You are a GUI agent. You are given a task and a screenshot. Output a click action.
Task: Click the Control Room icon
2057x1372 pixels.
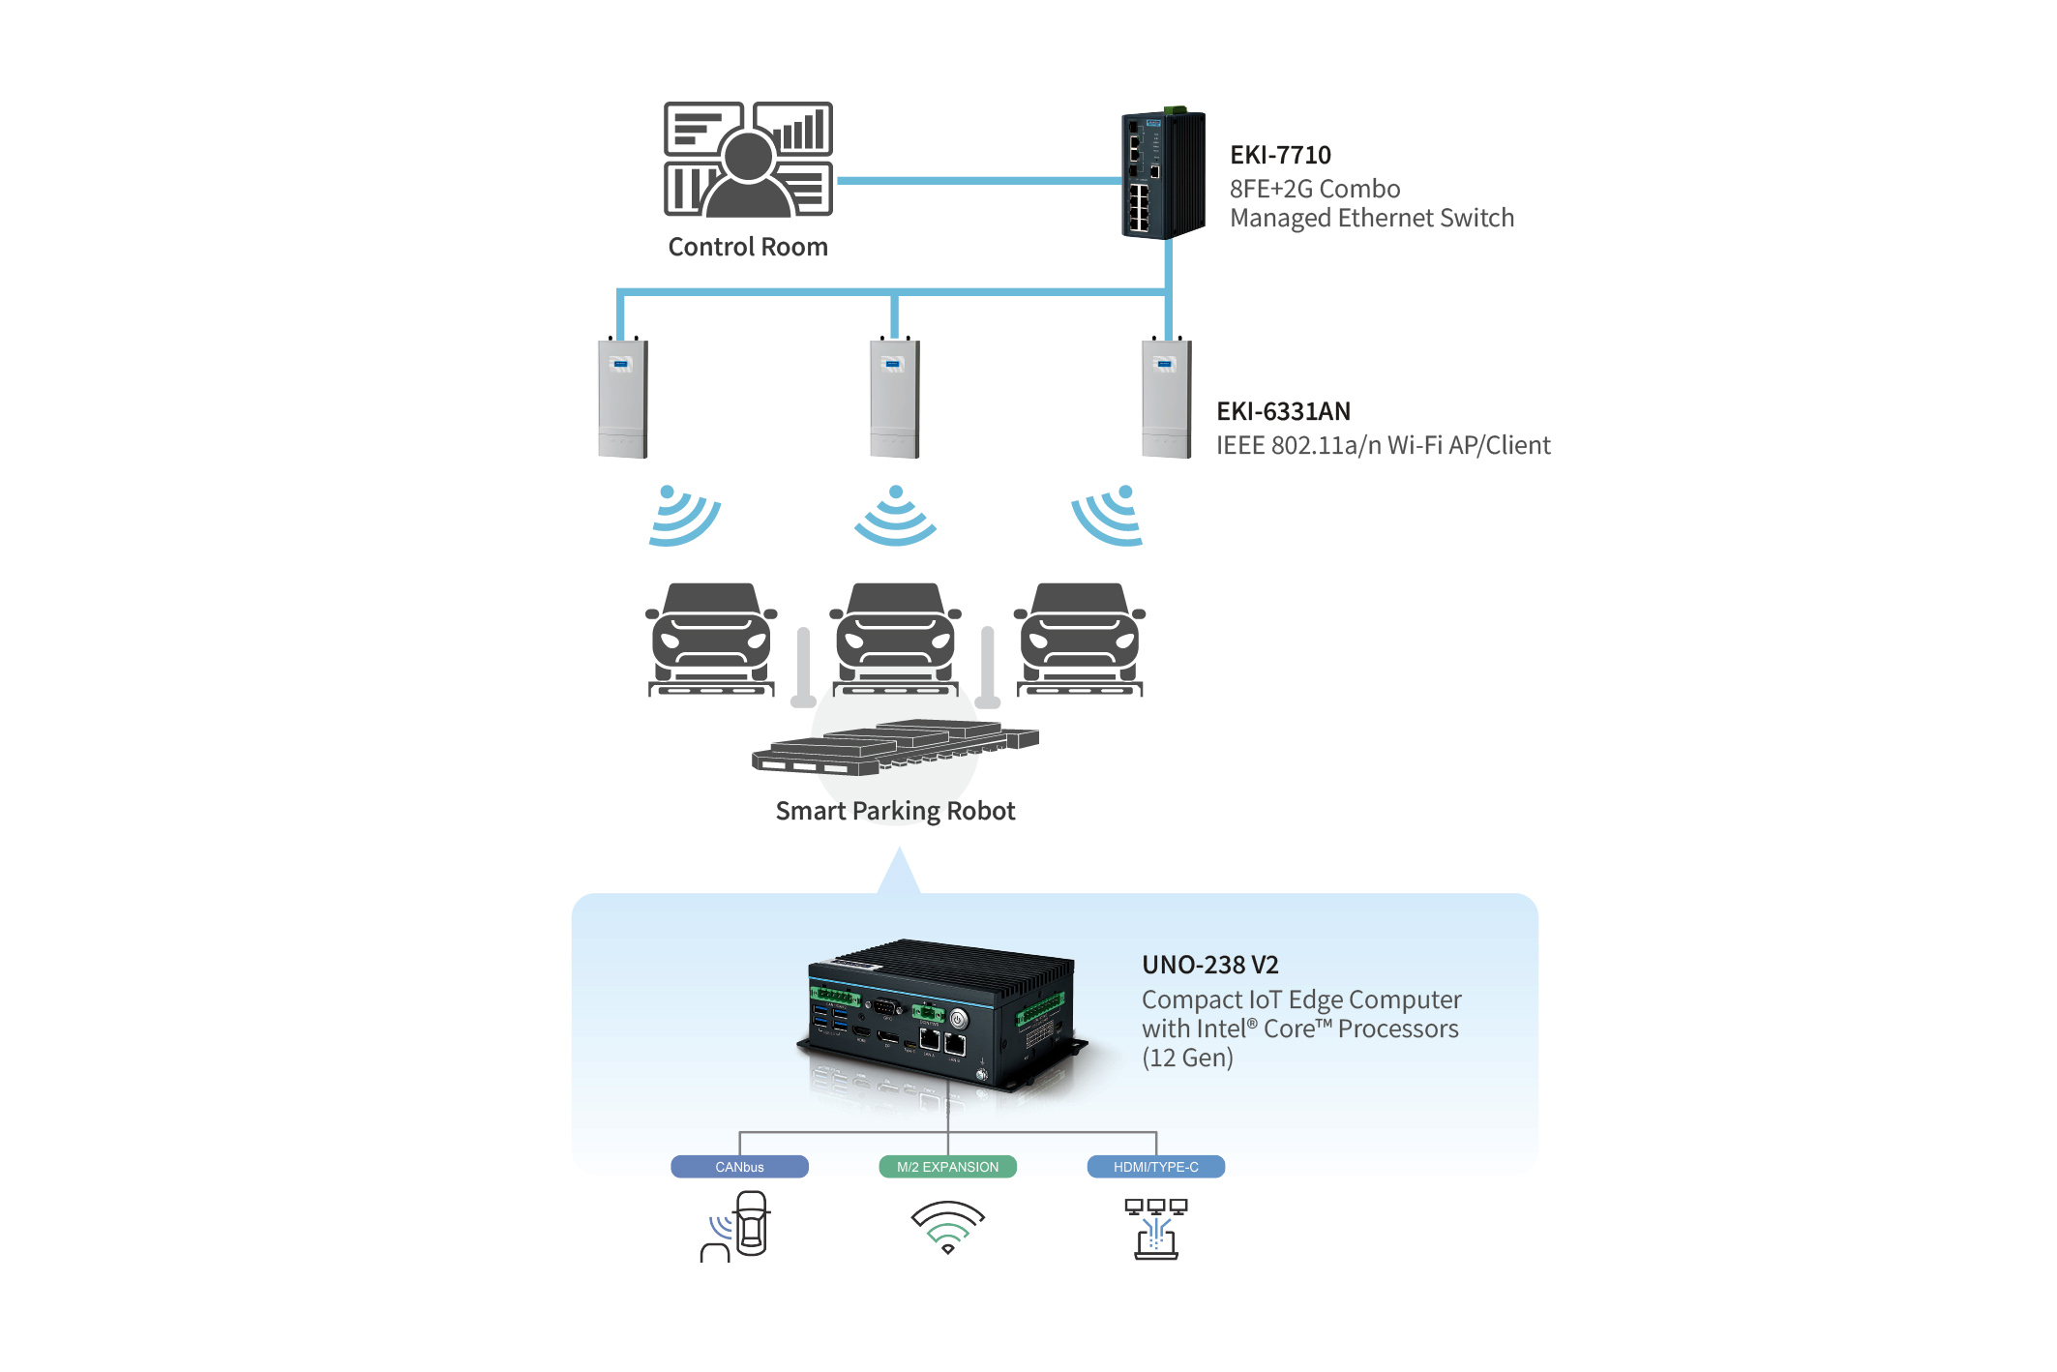point(748,160)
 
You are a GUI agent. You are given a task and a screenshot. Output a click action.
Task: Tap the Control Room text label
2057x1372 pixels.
point(748,247)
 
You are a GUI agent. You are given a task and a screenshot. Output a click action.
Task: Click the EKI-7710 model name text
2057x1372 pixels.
point(1280,155)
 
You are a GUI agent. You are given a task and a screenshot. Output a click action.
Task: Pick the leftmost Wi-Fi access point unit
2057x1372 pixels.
point(622,399)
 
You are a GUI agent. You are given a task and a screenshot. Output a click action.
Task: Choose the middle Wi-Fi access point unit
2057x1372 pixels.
point(895,399)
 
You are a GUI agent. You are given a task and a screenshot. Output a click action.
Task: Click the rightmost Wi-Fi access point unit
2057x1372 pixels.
point(1167,399)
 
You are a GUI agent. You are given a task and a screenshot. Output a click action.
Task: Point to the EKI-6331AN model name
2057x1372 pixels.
point(1283,411)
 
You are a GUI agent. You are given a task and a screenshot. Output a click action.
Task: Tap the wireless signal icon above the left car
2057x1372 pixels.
point(683,516)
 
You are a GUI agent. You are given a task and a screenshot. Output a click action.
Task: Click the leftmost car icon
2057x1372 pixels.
point(711,639)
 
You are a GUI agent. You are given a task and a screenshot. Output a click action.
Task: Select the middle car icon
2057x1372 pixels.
point(896,639)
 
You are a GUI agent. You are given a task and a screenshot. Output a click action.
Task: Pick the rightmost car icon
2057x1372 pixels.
point(1080,639)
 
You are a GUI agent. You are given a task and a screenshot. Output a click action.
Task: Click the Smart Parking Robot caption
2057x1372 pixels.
point(895,811)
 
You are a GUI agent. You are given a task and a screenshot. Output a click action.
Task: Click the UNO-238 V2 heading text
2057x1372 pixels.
point(1209,965)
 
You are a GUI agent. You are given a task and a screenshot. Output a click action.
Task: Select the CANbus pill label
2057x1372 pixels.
point(739,1167)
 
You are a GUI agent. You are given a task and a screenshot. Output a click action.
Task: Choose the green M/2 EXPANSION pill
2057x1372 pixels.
point(947,1167)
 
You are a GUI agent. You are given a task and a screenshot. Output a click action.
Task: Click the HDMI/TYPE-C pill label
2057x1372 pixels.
point(1155,1167)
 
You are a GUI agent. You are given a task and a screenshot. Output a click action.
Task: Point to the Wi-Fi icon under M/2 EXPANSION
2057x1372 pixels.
point(947,1227)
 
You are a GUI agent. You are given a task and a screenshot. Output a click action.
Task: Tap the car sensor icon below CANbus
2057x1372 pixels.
point(737,1226)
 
